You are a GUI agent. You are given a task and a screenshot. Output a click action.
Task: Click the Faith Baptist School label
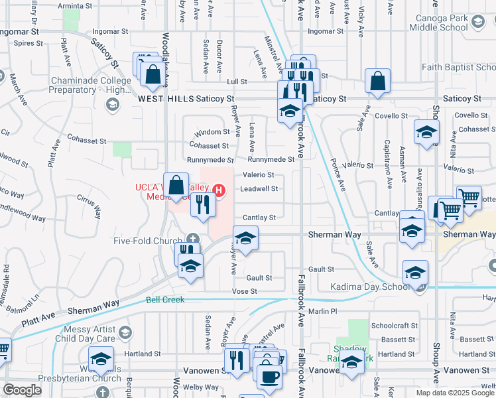(458, 68)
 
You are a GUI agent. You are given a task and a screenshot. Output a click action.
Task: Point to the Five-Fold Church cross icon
(193, 239)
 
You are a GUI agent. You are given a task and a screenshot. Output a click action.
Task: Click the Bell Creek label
(164, 300)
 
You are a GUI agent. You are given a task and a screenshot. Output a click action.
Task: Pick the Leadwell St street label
(258, 188)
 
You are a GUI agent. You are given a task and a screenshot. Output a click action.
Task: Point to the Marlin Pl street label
(323, 311)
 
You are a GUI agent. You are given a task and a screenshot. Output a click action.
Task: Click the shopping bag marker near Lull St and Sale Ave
(377, 82)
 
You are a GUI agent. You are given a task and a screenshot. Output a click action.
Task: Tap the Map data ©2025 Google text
(455, 393)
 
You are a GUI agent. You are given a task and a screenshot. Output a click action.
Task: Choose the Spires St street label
(28, 43)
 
